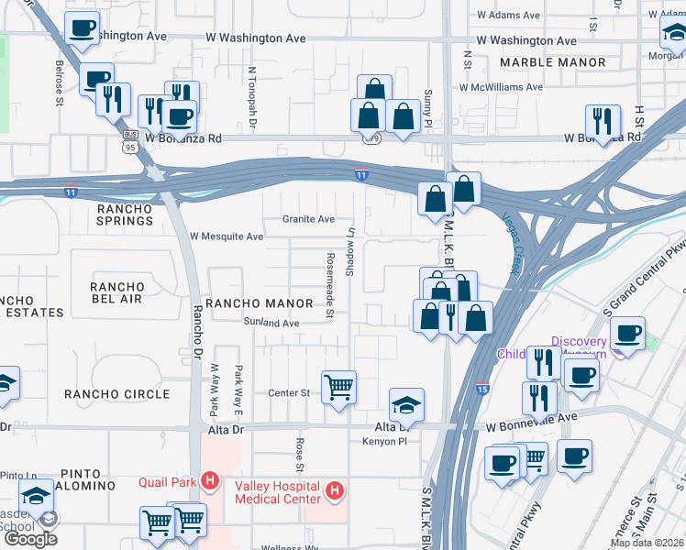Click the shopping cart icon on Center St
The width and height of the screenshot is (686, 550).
coord(338,388)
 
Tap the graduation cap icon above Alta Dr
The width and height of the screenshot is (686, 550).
coord(406,405)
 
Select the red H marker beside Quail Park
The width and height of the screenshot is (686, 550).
coord(210,479)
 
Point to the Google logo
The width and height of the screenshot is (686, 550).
coord(30,539)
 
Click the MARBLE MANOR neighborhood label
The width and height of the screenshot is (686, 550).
coord(552,62)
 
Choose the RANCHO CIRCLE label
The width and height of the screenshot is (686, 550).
coord(116,394)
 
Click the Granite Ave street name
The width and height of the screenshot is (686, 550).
coord(308,219)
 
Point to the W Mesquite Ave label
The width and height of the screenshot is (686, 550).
coord(227,236)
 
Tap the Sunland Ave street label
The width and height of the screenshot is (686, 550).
coord(271,323)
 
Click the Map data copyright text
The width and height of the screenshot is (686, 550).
coord(647,543)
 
